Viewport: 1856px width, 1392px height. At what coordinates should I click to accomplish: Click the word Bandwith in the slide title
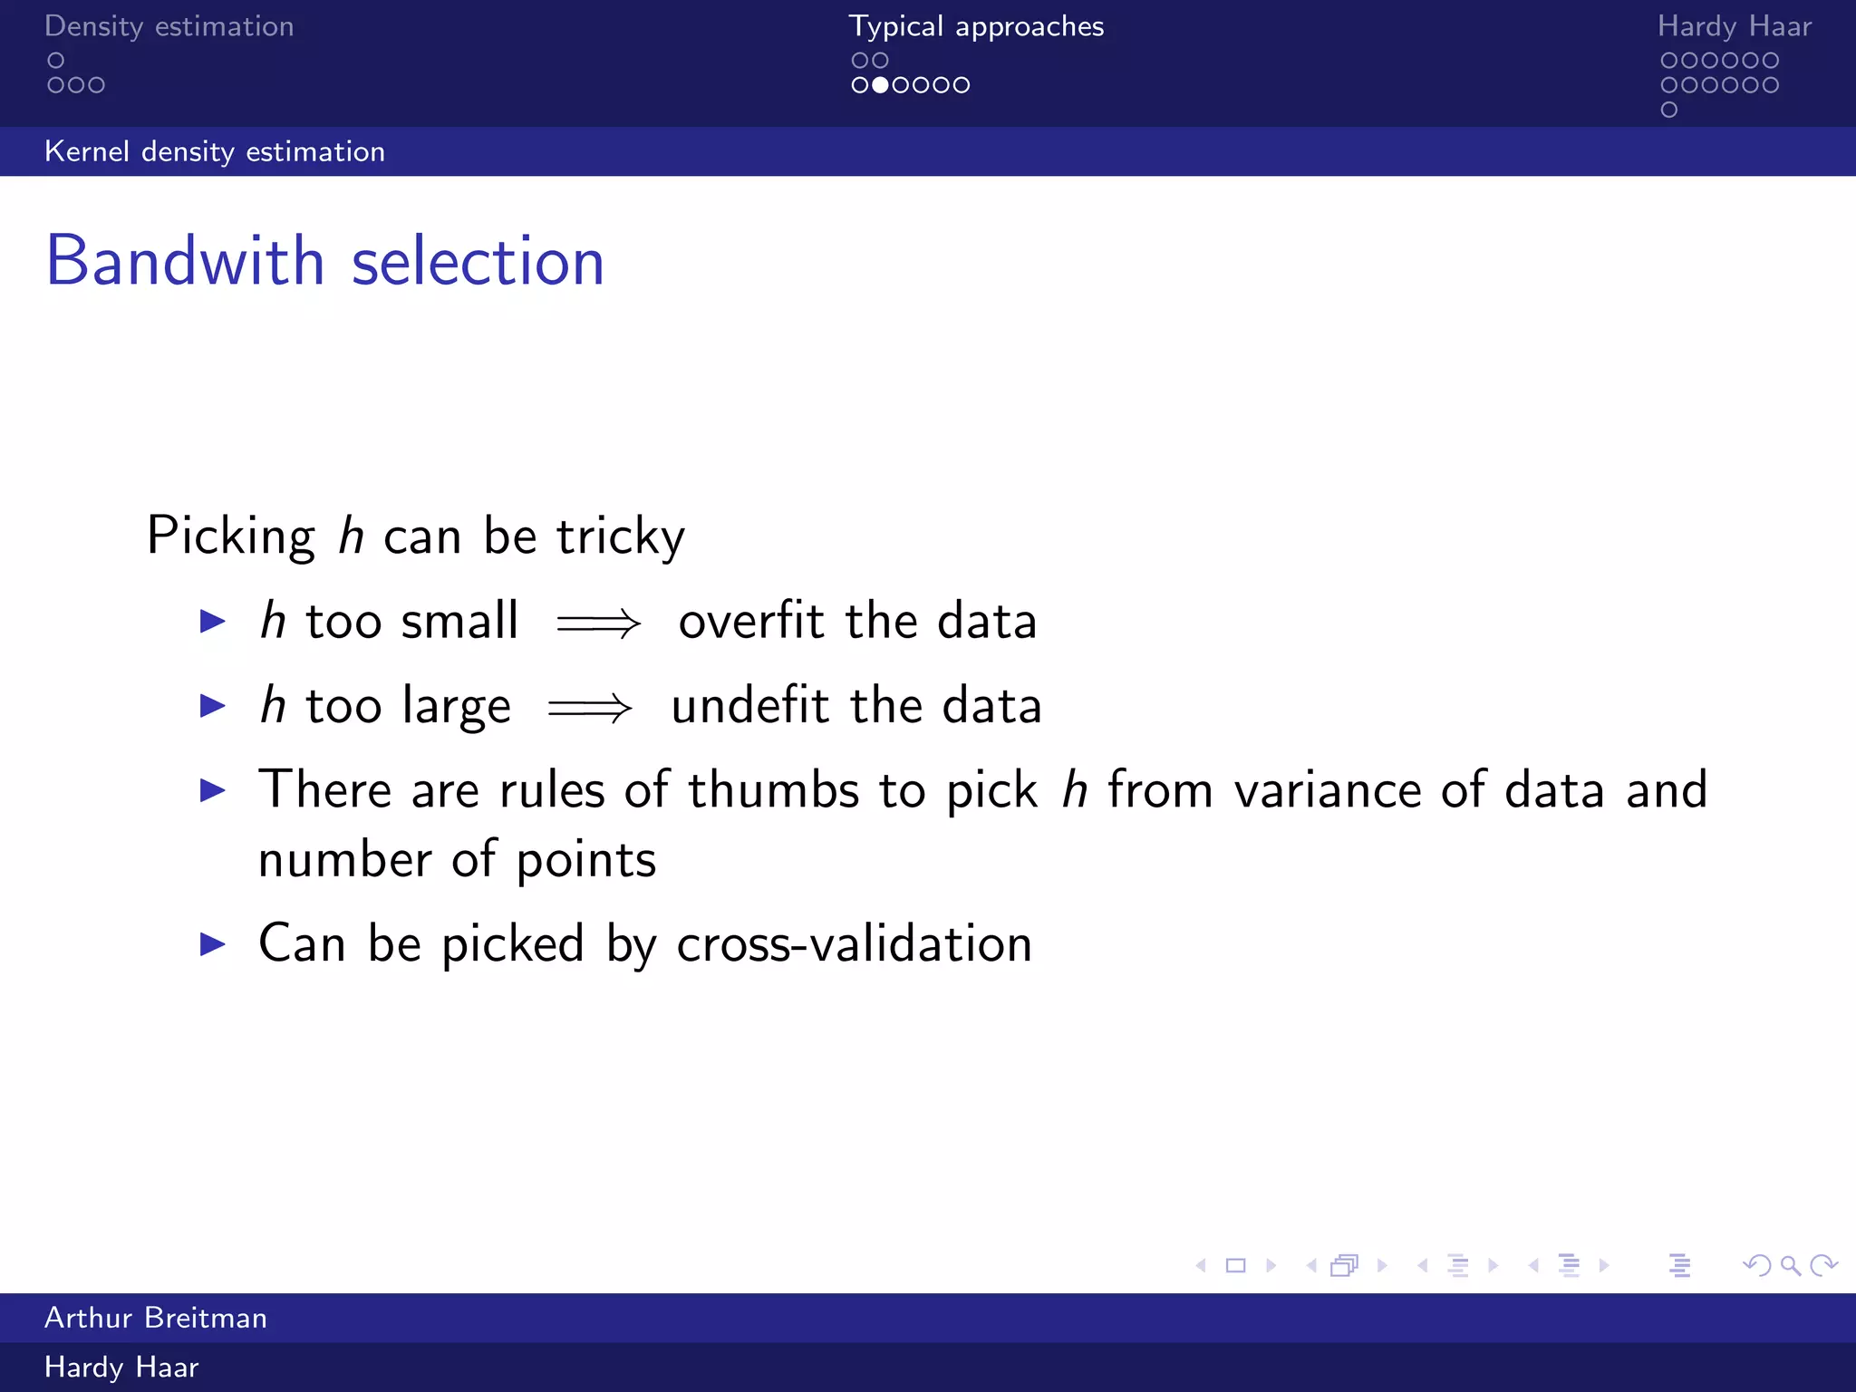[185, 261]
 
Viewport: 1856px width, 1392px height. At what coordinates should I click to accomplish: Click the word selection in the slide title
[478, 261]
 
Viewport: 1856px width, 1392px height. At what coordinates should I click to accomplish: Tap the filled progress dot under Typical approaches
[879, 85]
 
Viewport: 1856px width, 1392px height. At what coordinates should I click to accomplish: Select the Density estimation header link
[169, 26]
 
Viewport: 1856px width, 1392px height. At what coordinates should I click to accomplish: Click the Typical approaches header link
[976, 26]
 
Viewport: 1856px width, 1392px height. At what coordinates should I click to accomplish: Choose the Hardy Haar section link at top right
[1734, 26]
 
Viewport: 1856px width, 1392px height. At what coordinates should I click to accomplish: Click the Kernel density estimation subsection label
[215, 151]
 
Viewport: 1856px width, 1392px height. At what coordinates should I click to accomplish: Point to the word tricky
[621, 536]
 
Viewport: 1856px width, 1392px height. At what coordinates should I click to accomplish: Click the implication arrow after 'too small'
[599, 623]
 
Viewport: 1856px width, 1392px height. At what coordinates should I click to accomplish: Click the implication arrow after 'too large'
[590, 708]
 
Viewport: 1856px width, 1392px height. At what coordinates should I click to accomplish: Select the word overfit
[751, 621]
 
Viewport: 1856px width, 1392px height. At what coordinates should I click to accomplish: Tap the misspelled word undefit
[749, 705]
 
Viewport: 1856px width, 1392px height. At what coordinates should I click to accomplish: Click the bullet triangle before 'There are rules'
[213, 790]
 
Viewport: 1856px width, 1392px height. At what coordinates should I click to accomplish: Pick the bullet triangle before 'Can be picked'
[213, 944]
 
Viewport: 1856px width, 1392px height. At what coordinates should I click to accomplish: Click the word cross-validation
[854, 943]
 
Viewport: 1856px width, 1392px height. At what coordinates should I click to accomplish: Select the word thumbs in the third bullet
[773, 789]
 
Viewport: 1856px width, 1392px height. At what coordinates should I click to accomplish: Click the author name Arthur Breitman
[156, 1318]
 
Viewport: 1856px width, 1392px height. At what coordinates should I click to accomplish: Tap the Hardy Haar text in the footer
[121, 1367]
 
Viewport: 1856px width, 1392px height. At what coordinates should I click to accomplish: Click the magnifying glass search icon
[1790, 1265]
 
